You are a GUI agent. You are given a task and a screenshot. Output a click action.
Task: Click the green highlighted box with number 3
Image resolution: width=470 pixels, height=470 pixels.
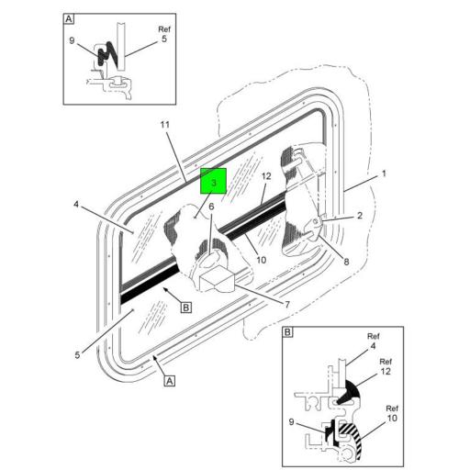(x=213, y=183)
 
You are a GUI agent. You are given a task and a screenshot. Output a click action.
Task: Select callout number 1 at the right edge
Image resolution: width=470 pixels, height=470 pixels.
(x=385, y=173)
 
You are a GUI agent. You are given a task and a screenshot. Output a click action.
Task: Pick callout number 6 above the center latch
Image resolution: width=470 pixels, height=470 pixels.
(x=210, y=207)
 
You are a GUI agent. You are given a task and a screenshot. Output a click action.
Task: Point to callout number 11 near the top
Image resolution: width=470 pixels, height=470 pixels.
(x=165, y=124)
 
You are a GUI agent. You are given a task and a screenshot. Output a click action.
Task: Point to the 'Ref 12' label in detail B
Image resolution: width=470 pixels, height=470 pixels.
(x=386, y=367)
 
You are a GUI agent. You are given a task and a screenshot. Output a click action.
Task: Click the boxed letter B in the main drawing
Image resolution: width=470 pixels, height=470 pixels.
(x=186, y=308)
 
